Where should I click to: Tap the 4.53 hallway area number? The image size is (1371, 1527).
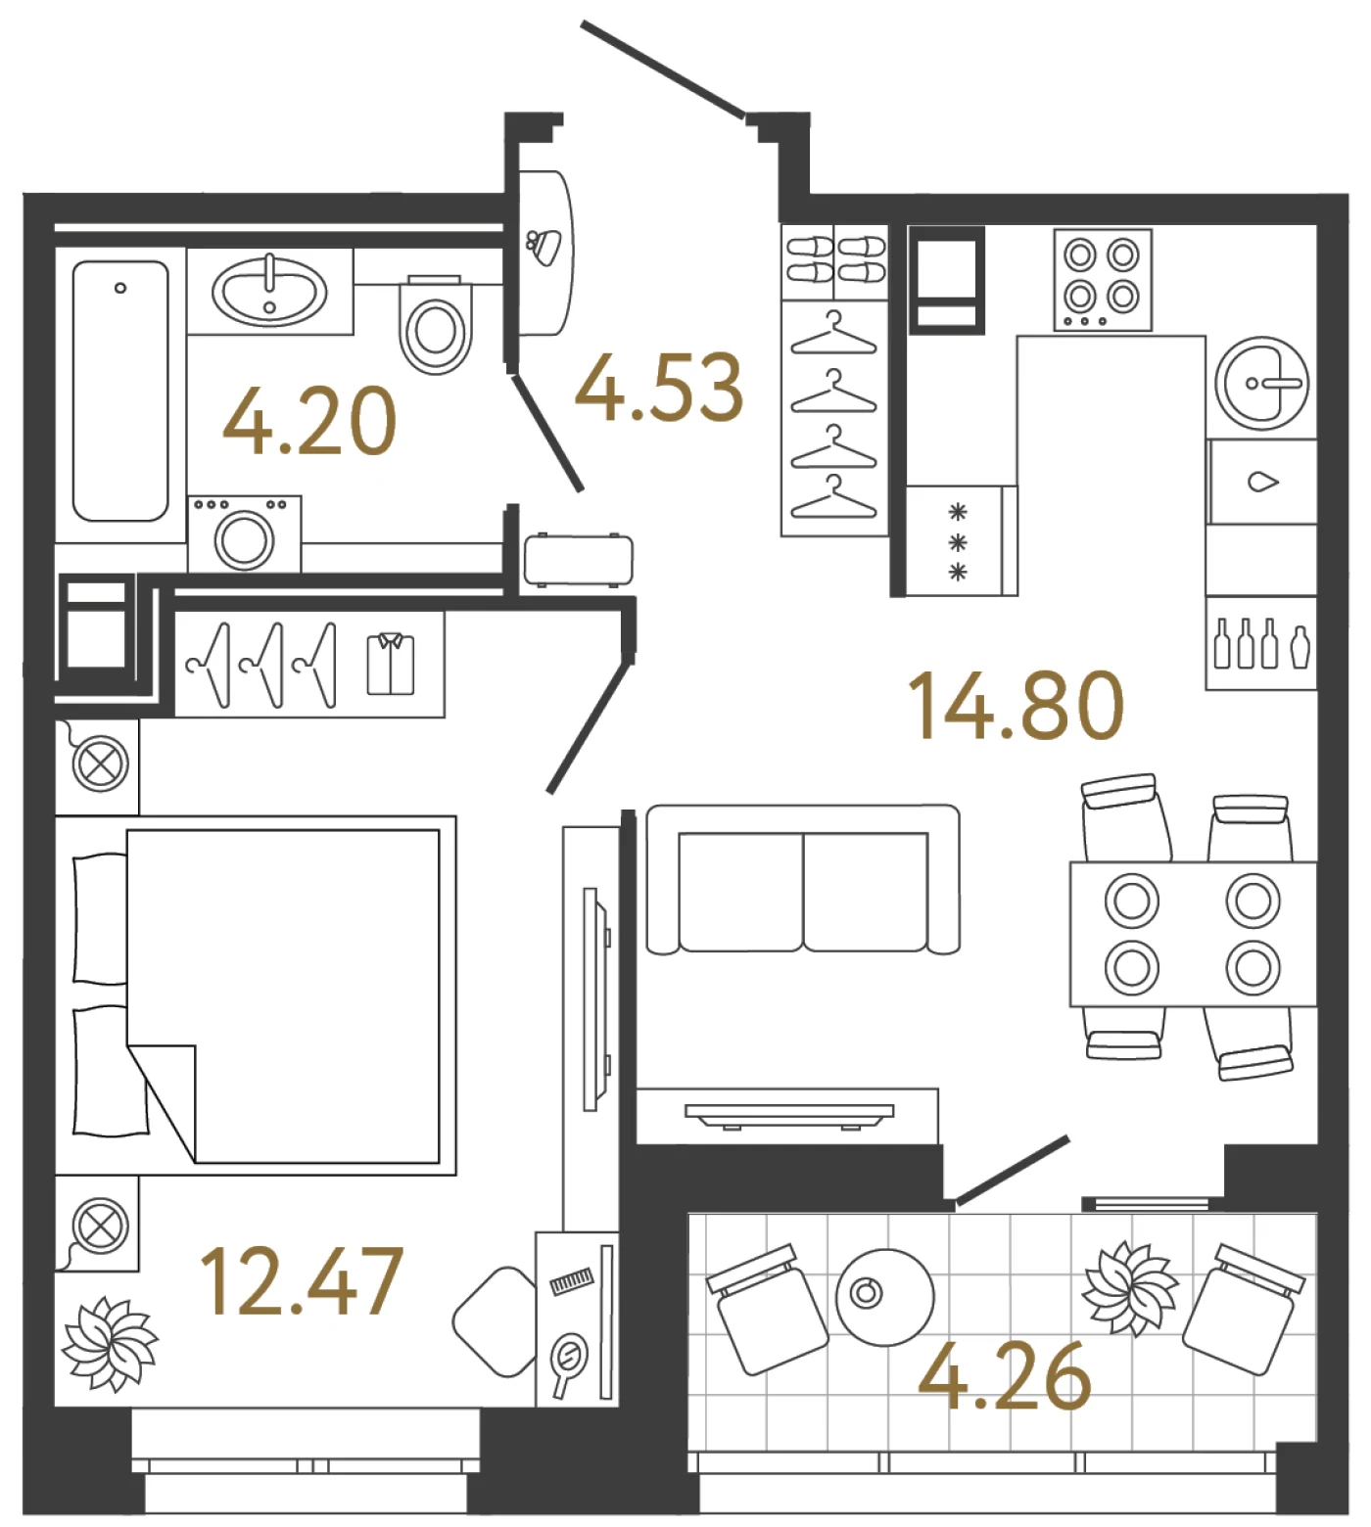659,388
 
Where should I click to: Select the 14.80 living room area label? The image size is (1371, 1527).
1016,705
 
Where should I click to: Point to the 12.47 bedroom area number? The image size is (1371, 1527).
301,1280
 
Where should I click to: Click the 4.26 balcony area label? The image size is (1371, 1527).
1005,1375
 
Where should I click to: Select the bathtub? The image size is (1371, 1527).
120,391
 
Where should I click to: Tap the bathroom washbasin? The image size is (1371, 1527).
270,291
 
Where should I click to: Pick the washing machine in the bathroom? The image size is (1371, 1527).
245,533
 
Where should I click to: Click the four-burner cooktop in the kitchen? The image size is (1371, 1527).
1103,279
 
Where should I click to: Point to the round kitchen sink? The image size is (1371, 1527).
1262,383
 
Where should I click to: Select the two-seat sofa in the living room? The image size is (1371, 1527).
803,879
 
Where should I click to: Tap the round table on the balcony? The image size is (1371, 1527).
884,1296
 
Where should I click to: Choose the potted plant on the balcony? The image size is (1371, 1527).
1130,1288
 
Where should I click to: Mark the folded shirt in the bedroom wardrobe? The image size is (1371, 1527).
391,663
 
